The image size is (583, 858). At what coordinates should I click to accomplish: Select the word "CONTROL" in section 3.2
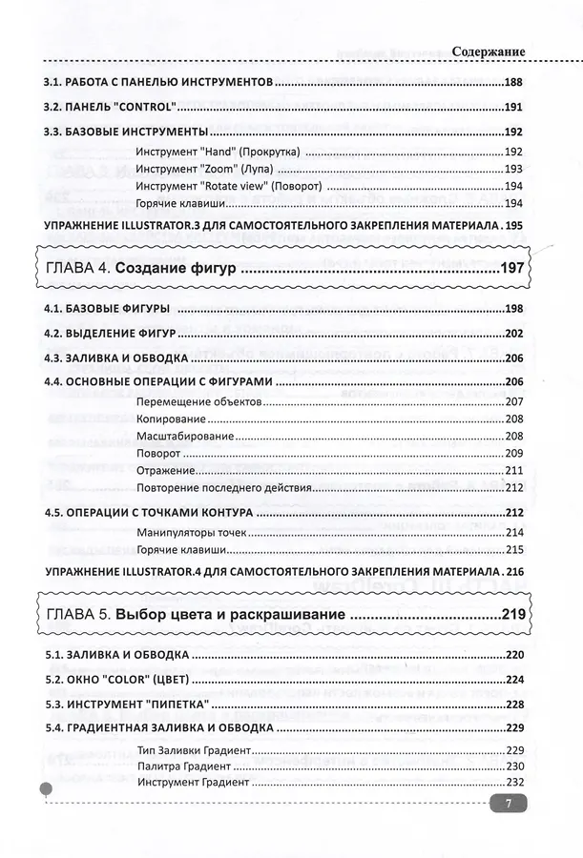[x=144, y=107]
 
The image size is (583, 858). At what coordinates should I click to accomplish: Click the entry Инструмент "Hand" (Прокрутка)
[x=219, y=152]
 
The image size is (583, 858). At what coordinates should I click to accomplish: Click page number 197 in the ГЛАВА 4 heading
[x=511, y=270]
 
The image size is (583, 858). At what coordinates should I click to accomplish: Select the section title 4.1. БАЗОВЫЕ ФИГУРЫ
[x=108, y=309]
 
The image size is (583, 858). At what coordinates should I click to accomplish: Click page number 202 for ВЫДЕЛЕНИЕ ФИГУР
[x=515, y=333]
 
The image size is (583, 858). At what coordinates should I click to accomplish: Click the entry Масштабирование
[x=185, y=436]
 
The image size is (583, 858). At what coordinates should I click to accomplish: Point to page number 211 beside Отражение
[x=515, y=470]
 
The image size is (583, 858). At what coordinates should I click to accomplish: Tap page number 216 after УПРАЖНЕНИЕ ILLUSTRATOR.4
[x=515, y=571]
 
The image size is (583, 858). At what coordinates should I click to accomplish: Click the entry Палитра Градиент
[x=184, y=766]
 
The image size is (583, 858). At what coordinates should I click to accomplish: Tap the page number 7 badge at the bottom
[x=509, y=804]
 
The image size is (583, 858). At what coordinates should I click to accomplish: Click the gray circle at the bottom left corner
[x=45, y=789]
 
